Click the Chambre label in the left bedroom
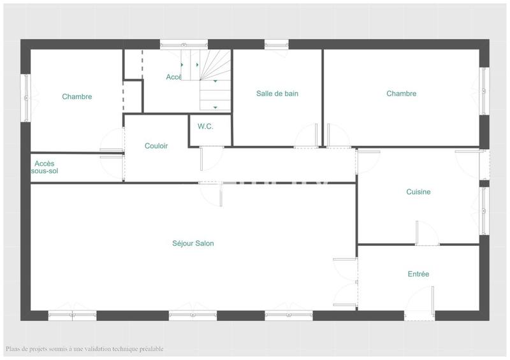tap(76, 97)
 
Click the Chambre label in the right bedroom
tap(401, 94)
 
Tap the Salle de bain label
tap(277, 94)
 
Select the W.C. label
tap(205, 126)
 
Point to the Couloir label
tap(156, 146)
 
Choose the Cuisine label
tap(418, 192)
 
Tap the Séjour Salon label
tap(193, 243)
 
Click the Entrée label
tap(418, 274)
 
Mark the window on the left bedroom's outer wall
tap(26, 97)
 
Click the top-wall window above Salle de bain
tap(276, 45)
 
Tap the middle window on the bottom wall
tap(193, 315)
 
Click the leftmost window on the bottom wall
tap(72, 315)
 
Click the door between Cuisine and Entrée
tap(425, 234)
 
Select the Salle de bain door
tap(306, 136)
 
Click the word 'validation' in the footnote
tap(96, 349)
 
